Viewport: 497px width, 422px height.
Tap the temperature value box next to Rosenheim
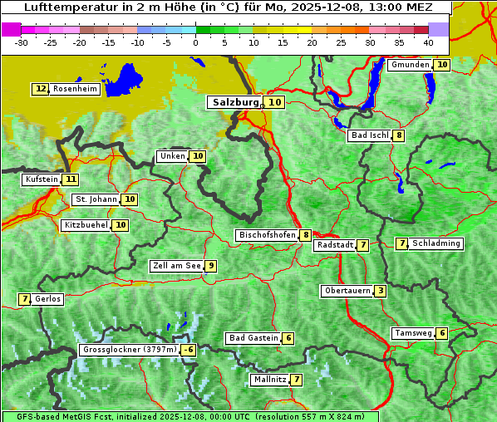(x=41, y=89)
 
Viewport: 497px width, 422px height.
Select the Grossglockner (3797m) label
(x=130, y=350)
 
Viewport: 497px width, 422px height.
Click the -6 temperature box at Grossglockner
(x=189, y=350)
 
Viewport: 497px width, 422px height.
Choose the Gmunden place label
(x=410, y=65)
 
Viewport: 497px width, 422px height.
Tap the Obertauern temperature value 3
(x=380, y=291)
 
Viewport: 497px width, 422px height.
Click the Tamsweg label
(x=412, y=333)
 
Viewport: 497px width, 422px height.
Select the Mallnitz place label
(x=269, y=380)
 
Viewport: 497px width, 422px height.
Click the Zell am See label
(x=176, y=266)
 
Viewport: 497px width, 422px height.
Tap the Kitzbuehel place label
(x=86, y=225)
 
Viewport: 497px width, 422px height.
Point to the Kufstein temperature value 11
(x=71, y=179)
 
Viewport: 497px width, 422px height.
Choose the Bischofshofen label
(x=267, y=235)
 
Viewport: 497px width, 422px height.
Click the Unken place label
(x=172, y=156)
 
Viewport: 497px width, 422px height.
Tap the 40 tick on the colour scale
(x=428, y=42)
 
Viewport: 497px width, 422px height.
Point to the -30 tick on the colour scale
(x=22, y=42)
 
